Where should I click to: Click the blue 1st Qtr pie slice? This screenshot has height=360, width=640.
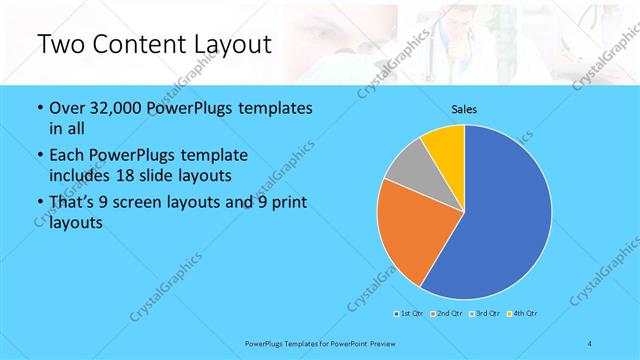coord(500,220)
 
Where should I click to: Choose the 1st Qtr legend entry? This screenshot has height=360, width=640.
coord(410,314)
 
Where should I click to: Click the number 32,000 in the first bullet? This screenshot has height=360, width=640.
coord(120,109)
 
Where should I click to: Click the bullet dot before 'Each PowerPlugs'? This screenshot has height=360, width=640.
coord(39,155)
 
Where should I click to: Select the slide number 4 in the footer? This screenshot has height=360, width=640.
coord(590,344)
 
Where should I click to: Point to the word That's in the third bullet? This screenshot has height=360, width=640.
coord(73,203)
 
